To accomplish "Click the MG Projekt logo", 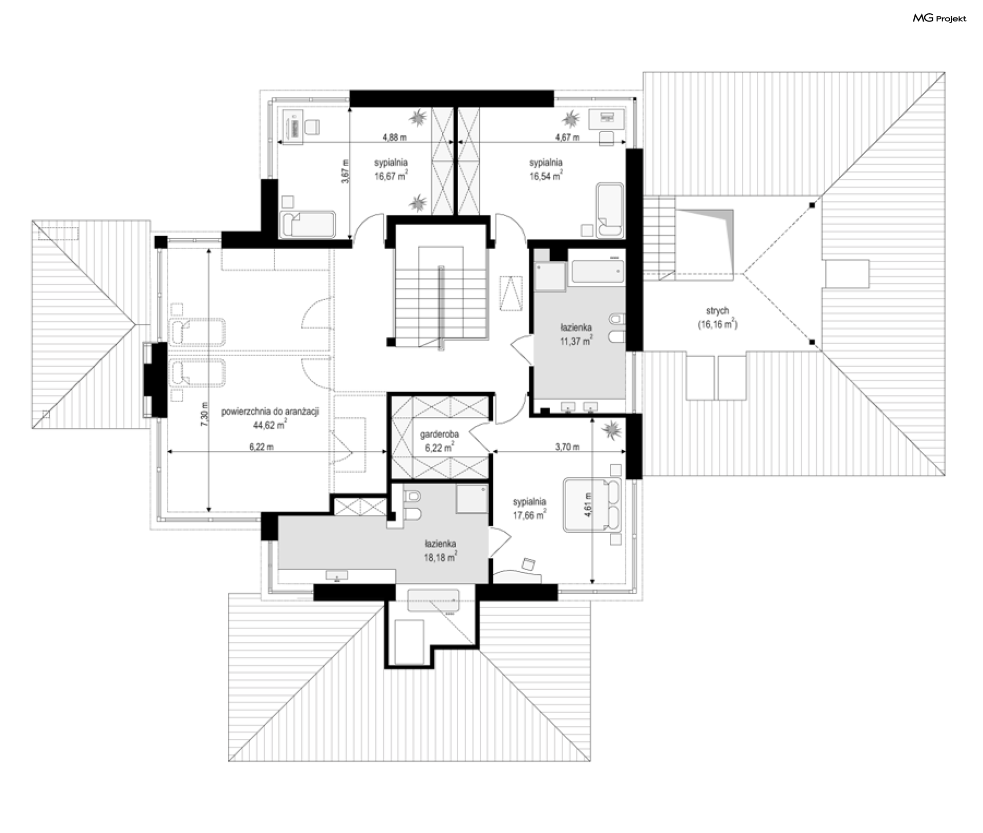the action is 939,18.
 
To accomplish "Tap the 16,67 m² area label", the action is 391,176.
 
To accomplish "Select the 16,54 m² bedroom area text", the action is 546,176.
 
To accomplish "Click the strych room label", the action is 717,311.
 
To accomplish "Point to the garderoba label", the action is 439,434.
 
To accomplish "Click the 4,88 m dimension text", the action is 394,137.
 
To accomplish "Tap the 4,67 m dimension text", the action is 567,137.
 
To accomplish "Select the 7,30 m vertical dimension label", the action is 204,412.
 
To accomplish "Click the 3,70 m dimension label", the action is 567,447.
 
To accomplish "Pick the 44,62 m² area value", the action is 270,424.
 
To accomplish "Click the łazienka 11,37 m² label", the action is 576,334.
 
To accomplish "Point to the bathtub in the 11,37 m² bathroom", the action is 598,272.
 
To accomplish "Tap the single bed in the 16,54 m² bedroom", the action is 610,210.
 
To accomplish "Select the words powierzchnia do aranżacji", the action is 270,411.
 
